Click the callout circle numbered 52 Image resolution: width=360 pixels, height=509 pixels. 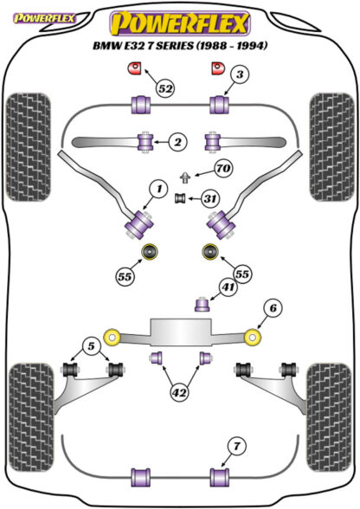165,88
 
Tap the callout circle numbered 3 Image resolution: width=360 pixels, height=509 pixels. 240,75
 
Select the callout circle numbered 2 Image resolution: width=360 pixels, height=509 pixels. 178,142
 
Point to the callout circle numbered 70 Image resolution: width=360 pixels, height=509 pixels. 223,169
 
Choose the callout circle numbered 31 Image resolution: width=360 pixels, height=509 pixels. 210,198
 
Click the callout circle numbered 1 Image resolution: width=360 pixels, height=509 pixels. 158,190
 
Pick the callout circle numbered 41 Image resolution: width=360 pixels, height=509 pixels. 228,287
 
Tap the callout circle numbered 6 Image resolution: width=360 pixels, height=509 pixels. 273,307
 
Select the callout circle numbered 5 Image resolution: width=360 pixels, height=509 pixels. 91,346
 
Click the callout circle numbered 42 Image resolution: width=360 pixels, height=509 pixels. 179,393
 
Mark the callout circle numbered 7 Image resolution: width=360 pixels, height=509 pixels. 237,447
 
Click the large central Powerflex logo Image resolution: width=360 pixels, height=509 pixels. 180,23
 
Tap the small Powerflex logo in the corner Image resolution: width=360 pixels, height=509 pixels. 44,18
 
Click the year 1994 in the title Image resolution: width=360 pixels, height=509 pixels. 253,45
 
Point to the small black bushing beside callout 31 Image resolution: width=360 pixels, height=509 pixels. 180,198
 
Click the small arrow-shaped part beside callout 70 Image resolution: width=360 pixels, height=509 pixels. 184,178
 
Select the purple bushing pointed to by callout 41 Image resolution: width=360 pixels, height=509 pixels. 202,305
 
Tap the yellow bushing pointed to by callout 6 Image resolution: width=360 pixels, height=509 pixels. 253,338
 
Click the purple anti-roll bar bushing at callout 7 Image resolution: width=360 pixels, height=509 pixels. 220,477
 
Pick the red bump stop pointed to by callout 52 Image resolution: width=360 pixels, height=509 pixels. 133,68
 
